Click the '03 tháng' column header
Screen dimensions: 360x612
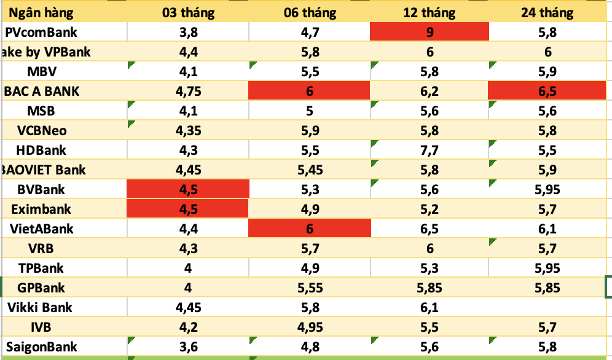click(x=187, y=12)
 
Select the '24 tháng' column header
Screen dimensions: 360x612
click(x=547, y=12)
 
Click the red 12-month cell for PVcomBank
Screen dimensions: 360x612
click(x=430, y=32)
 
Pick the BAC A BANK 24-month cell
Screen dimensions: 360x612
click(x=547, y=91)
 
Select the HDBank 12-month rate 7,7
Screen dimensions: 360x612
click(x=430, y=150)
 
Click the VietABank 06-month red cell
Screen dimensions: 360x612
click(x=310, y=229)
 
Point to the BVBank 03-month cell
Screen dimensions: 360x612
click(x=187, y=189)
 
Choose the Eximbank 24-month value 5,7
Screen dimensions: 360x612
click(x=547, y=209)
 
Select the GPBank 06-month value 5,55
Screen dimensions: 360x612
click(x=310, y=288)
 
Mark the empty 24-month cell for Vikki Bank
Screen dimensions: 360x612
click(x=547, y=307)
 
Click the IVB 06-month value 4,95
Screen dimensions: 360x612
click(x=310, y=327)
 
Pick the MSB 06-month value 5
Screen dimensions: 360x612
click(x=310, y=111)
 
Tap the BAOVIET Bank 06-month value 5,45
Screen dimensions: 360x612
click(x=310, y=170)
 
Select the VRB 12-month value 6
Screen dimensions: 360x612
click(x=430, y=248)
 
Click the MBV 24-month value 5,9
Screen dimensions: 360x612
click(x=547, y=71)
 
